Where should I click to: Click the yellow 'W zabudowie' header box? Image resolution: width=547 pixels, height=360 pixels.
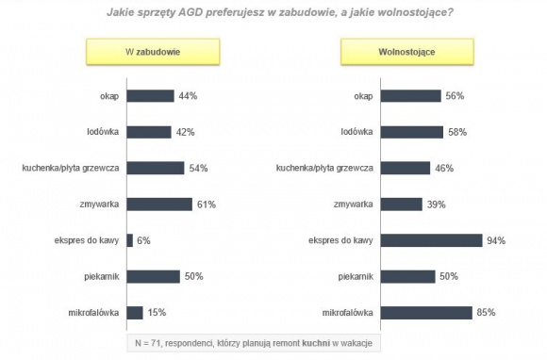pos(141,51)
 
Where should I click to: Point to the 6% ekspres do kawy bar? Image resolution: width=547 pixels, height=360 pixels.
pos(129,240)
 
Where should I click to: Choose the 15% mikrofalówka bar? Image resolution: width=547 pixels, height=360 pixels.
pos(135,312)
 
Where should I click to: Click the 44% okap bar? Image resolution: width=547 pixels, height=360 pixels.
pos(150,96)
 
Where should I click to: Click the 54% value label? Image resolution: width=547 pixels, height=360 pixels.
pos(198,168)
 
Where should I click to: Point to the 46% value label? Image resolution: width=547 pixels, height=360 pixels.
pos(445,168)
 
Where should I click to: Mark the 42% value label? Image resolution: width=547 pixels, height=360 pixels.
pos(185,132)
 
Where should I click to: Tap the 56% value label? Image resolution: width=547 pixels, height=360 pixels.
pos(455,96)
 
